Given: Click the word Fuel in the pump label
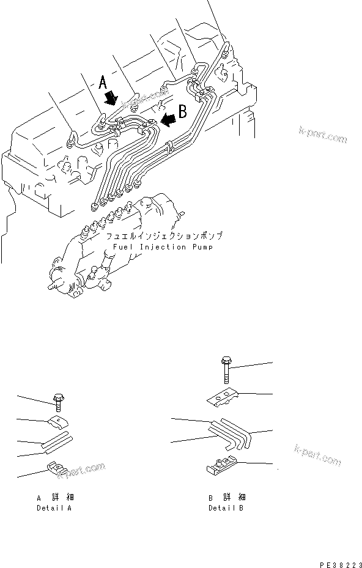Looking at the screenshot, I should pos(122,247).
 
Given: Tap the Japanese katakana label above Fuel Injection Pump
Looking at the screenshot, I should pos(163,236).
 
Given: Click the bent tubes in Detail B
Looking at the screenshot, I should pos(229,432).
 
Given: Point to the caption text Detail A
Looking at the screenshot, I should pos(54,508).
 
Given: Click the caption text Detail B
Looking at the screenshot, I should pos(226,508).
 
